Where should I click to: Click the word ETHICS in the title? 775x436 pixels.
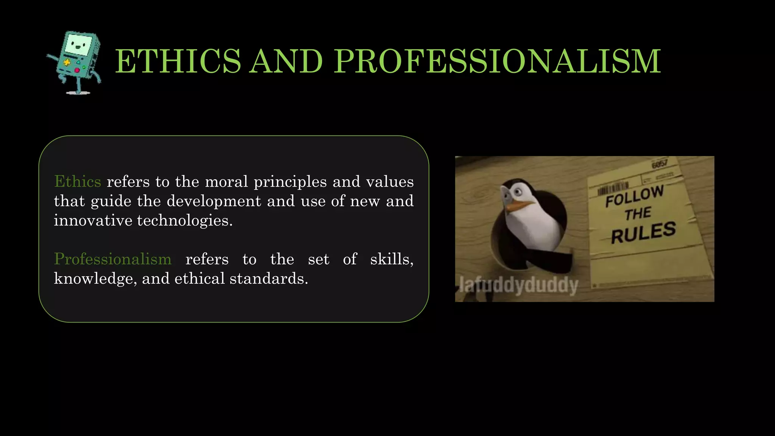pyautogui.click(x=178, y=61)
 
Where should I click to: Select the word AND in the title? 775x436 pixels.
pyautogui.click(x=287, y=61)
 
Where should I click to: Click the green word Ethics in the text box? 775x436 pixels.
pyautogui.click(x=78, y=182)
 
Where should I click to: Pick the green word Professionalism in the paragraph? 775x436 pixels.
pyautogui.click(x=113, y=259)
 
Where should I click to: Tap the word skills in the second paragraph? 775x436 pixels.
pyautogui.click(x=391, y=259)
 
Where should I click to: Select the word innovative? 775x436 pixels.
pyautogui.click(x=93, y=221)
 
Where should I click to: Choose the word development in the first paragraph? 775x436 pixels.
pyautogui.click(x=214, y=201)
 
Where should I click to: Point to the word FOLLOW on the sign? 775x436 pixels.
pyautogui.click(x=634, y=196)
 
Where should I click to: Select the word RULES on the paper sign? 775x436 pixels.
pyautogui.click(x=643, y=232)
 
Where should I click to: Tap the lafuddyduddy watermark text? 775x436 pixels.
pyautogui.click(x=518, y=285)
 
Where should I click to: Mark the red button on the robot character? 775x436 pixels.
pyautogui.click(x=77, y=70)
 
